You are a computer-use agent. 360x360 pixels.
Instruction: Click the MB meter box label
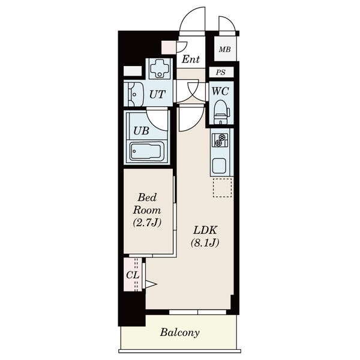coord(224,49)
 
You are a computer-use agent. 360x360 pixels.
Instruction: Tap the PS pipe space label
coord(221,73)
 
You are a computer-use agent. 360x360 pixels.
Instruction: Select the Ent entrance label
coord(191,59)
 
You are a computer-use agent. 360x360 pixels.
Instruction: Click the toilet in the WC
coord(221,112)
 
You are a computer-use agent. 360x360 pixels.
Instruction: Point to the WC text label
coord(220,91)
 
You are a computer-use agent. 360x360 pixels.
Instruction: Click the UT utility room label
coord(157,94)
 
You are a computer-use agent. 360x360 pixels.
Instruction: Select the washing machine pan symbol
coord(159,68)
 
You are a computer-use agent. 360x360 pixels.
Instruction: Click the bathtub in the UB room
coord(147,151)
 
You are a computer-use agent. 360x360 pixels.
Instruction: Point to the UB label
coord(141,131)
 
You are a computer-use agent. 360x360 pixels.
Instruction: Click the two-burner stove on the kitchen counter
coord(220,140)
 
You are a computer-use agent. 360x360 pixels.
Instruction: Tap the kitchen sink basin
coord(219,166)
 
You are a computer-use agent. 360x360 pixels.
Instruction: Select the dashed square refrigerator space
coord(222,188)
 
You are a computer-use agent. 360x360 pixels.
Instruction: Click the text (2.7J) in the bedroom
coord(147,222)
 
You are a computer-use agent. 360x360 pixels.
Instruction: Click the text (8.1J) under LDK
coord(205,242)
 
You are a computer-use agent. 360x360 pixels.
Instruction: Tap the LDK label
coord(205,230)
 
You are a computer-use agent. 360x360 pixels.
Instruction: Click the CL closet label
coord(133,275)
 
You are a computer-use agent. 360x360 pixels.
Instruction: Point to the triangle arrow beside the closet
coord(151,284)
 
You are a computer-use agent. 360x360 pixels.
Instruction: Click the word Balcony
coord(180,332)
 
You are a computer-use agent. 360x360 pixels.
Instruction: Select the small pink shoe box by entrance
coord(169,47)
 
